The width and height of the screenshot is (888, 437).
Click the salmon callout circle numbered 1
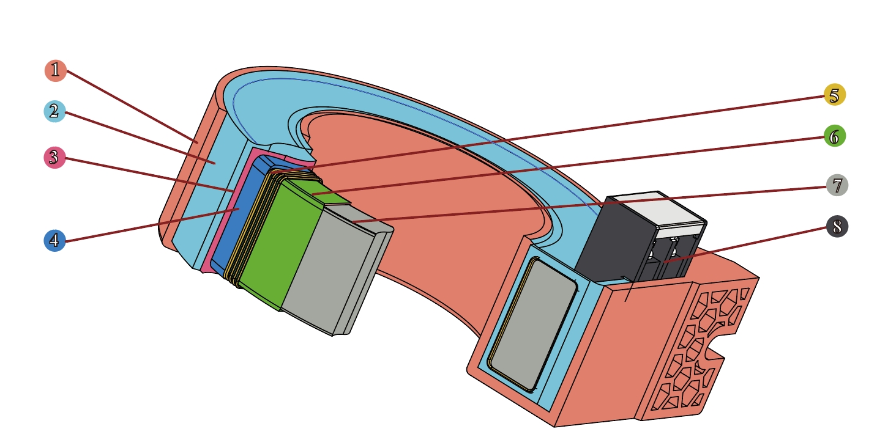coord(56,71)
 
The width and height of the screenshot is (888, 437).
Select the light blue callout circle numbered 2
coord(54,111)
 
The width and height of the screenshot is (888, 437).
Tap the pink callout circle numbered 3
coord(54,158)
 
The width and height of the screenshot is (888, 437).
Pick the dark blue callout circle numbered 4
coord(54,241)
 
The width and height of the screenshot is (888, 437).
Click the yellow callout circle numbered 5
coord(835,95)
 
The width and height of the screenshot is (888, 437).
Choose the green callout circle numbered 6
coord(835,136)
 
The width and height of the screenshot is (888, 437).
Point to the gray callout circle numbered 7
coord(837,185)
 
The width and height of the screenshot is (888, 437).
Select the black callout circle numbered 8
coord(837,227)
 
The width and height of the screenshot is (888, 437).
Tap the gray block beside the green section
coord(333,269)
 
